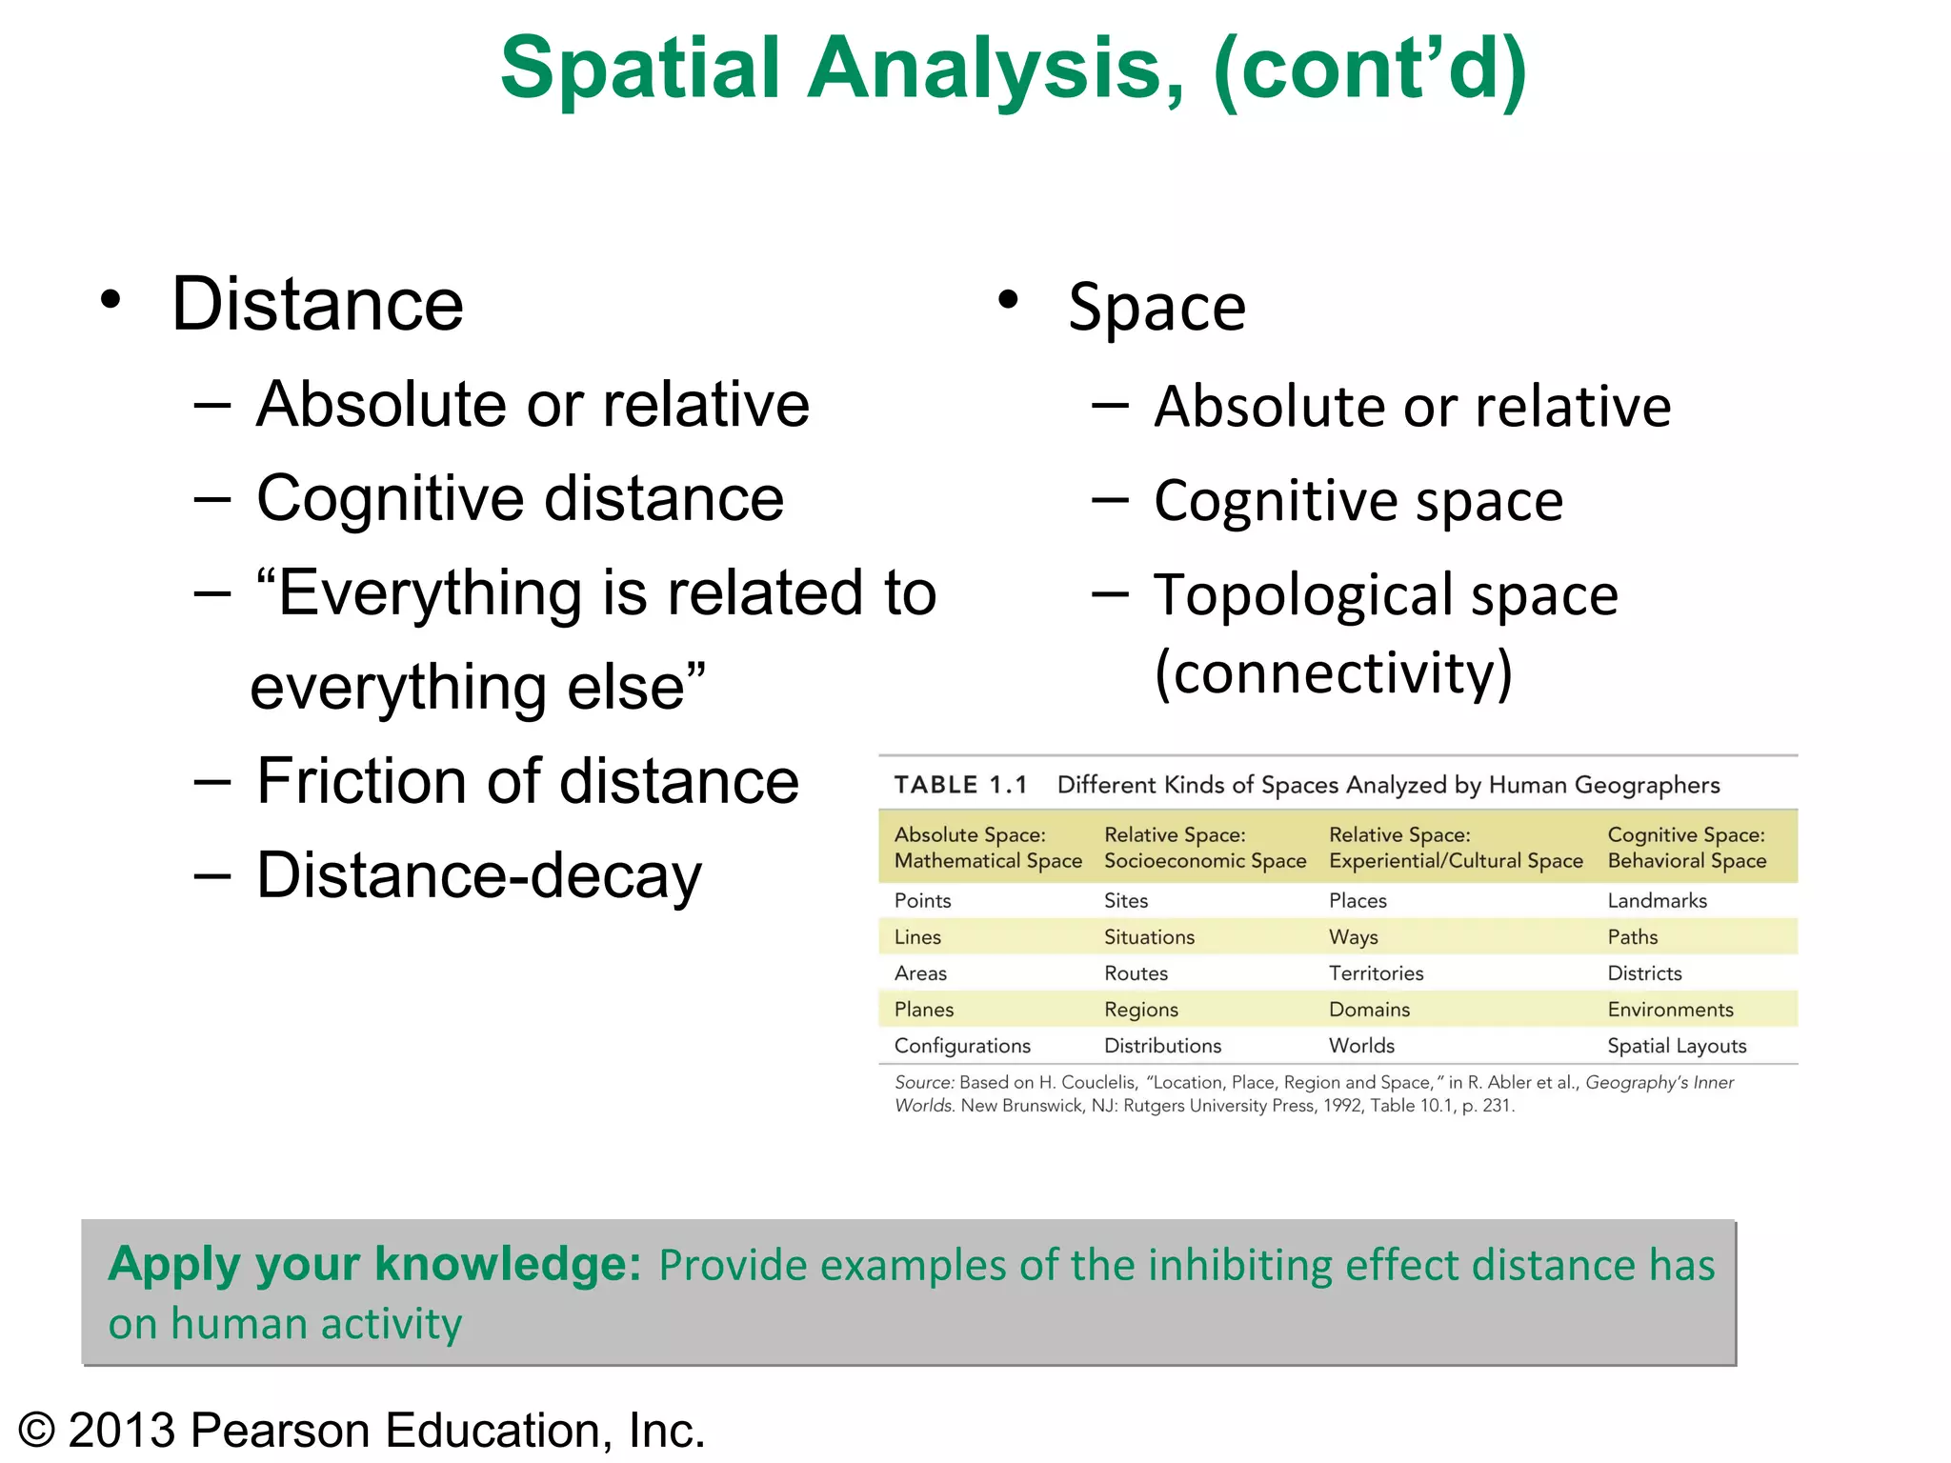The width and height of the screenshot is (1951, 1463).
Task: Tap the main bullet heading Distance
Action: tap(317, 305)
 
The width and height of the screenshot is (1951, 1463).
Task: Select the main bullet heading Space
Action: tap(1157, 308)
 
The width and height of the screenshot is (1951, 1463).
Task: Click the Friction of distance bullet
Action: tap(527, 781)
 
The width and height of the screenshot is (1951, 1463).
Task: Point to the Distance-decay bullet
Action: tap(478, 875)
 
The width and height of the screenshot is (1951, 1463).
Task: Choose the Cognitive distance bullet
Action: tap(519, 498)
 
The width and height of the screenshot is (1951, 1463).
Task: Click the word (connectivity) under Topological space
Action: tap(1333, 672)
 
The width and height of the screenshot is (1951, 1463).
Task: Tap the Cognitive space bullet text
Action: tap(1358, 501)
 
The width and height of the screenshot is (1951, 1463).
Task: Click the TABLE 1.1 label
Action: tap(960, 785)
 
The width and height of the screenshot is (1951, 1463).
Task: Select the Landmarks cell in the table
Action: tap(1657, 900)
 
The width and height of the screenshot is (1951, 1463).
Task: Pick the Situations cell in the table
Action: tap(1149, 936)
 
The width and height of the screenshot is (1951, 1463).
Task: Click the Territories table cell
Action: tap(1376, 972)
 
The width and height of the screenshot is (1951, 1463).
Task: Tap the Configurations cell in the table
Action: tap(962, 1045)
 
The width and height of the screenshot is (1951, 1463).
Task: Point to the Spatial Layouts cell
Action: tap(1677, 1045)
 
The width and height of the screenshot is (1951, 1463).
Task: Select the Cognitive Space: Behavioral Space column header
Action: tap(1686, 847)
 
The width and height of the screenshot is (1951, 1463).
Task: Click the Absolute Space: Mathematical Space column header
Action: tap(988, 847)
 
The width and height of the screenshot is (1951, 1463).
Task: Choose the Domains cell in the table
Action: tap(1369, 1009)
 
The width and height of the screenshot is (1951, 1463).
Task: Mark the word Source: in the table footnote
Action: tap(923, 1082)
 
